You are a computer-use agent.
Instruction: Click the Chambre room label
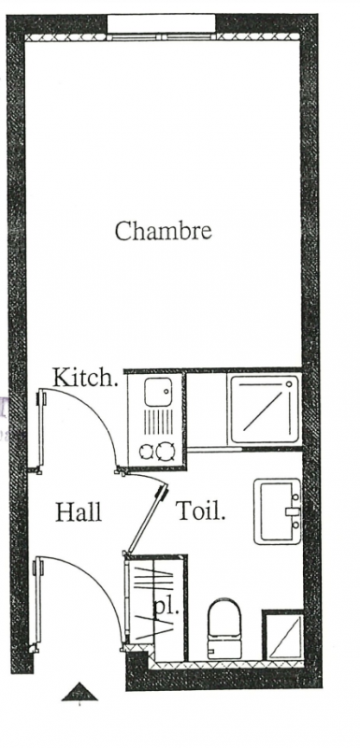[x=163, y=230]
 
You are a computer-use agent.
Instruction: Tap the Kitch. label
[x=85, y=378]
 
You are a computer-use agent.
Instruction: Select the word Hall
[x=79, y=511]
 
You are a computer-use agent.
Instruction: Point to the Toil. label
[x=201, y=511]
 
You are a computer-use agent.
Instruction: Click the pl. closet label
[x=166, y=608]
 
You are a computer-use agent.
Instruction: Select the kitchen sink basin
[x=158, y=392]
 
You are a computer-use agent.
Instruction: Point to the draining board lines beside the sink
[x=159, y=422]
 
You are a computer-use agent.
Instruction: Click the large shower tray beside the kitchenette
[x=266, y=410]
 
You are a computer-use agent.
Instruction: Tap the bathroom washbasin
[x=278, y=511]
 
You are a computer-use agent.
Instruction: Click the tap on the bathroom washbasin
[x=293, y=511]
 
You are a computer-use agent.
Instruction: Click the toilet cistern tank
[x=224, y=650]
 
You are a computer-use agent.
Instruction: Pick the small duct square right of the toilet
[x=283, y=637]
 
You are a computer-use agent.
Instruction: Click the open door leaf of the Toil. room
[x=147, y=519]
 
